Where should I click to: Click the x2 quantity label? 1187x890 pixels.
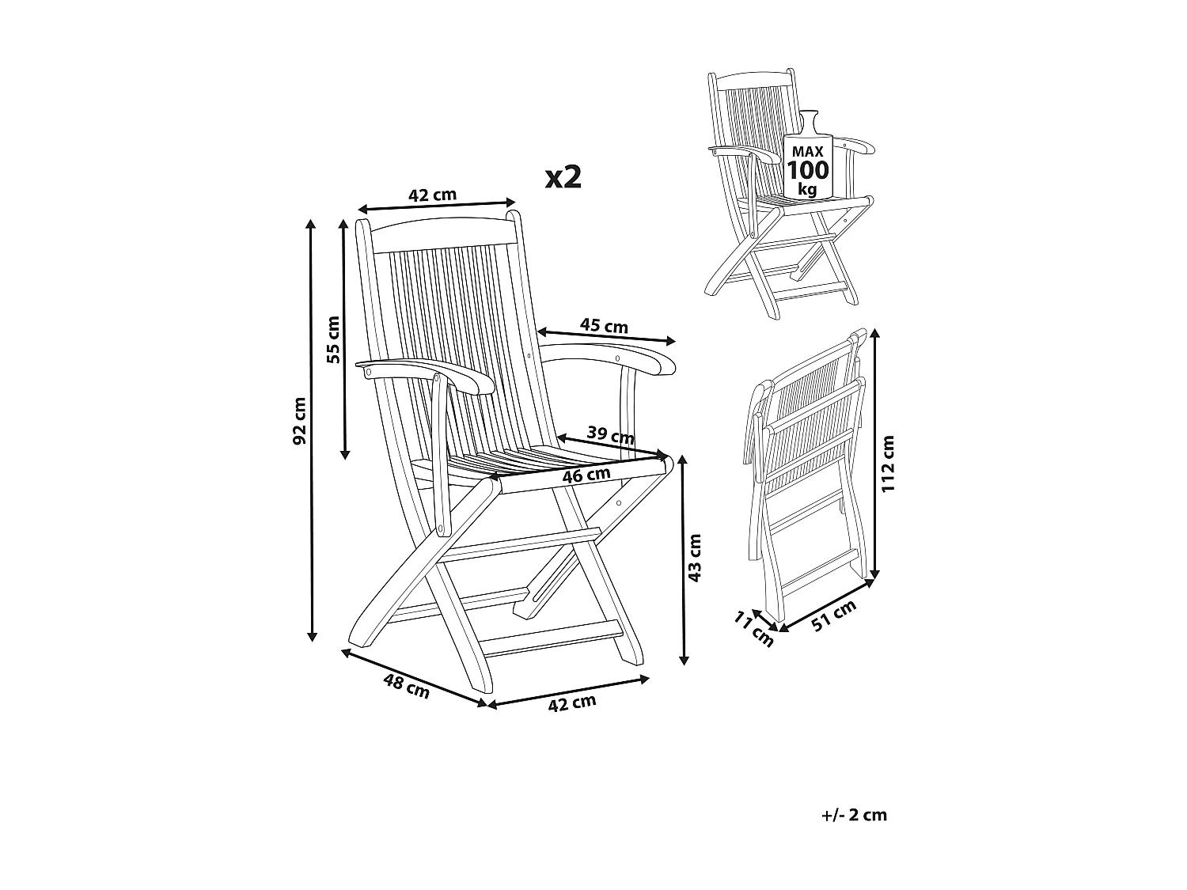563,177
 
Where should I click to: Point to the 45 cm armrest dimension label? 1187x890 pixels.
604,326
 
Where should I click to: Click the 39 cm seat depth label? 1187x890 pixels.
610,434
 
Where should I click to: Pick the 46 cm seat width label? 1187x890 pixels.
586,475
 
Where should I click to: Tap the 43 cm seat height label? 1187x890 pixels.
695,558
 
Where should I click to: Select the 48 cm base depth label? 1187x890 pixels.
406,685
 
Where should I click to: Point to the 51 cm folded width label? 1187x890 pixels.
834,615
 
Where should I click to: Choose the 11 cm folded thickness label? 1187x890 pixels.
753,629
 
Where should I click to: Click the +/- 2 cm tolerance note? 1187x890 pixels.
854,815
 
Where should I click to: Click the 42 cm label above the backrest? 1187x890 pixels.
432,195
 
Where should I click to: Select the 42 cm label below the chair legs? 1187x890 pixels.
572,703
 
